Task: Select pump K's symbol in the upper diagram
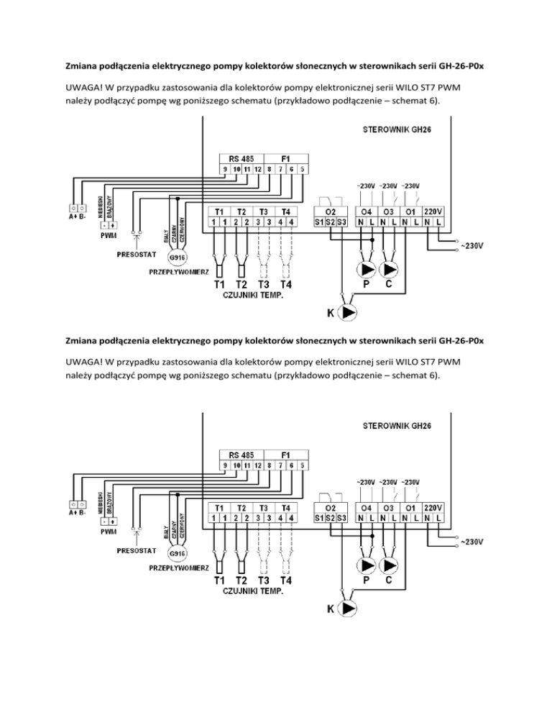coord(349,313)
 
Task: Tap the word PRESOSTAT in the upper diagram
coord(137,253)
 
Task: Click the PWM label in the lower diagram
coord(109,532)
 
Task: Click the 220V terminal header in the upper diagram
coord(434,211)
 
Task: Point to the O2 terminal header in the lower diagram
coord(332,508)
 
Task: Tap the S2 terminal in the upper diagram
coord(331,223)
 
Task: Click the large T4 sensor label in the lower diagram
coord(285,580)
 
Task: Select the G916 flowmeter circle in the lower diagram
coord(176,555)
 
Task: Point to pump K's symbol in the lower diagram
coord(349,609)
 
